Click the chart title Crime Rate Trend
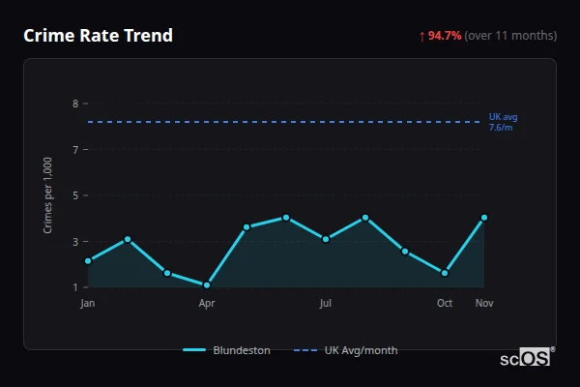click(98, 36)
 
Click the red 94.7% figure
click(446, 36)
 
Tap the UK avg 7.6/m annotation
click(502, 122)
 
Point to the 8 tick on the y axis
click(74, 104)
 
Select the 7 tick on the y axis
click(74, 149)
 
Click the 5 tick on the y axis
click(74, 195)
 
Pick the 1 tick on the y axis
click(74, 287)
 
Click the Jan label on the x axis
click(88, 303)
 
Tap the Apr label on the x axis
click(207, 303)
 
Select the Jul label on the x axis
click(326, 303)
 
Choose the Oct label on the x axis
click(445, 303)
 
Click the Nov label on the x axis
click(484, 303)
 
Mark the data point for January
click(88, 261)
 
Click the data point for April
click(207, 285)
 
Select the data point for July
click(326, 239)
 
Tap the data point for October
click(445, 273)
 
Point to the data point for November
click(484, 218)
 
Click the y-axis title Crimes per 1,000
click(48, 195)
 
